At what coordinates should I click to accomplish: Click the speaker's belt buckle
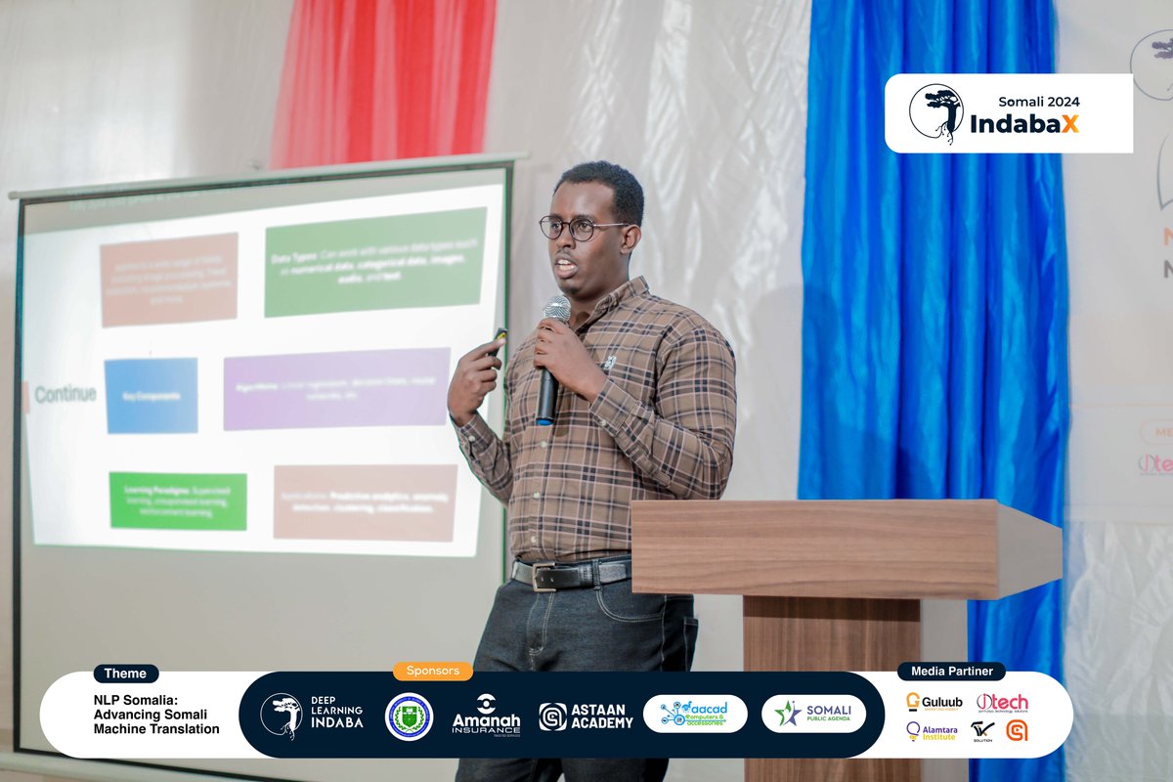(543, 577)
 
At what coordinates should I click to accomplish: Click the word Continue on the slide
(65, 395)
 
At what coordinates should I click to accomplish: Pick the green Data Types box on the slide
(374, 261)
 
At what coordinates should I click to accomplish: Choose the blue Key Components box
(151, 396)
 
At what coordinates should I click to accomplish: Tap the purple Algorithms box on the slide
(336, 388)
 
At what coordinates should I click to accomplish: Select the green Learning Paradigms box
(178, 500)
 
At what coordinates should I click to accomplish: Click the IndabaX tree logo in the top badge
(935, 112)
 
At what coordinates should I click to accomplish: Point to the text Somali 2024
(1039, 101)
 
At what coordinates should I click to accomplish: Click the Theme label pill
(125, 673)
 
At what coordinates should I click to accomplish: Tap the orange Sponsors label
(432, 672)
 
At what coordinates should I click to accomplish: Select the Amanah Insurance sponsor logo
(486, 716)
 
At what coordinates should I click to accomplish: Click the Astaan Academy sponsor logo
(586, 717)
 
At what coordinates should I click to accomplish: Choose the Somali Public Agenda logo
(813, 715)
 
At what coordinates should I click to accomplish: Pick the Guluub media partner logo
(934, 702)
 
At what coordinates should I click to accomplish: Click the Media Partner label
(951, 672)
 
